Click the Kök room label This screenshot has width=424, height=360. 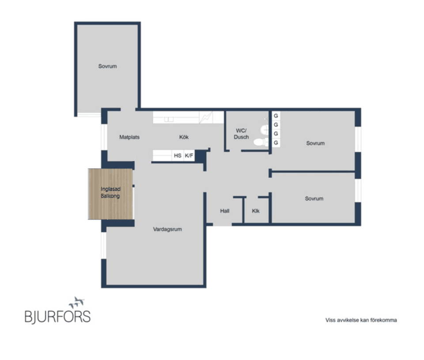(184, 137)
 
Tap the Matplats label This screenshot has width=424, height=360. (129, 137)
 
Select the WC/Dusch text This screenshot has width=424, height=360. (242, 134)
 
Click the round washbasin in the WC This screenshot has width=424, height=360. (264, 129)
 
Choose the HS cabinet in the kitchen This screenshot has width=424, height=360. (178, 156)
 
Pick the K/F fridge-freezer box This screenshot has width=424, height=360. (189, 156)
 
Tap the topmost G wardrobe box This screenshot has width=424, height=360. (276, 116)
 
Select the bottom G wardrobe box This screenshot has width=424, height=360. (276, 142)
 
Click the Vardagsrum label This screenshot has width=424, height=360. (167, 229)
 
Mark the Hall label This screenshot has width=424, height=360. (225, 211)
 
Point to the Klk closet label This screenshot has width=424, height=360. (256, 211)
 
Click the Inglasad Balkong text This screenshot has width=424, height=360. (110, 192)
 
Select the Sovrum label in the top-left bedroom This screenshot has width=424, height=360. (107, 66)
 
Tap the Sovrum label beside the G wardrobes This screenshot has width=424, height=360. (315, 143)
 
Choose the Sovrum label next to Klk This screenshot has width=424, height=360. (314, 199)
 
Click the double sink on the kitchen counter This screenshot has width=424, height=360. (168, 119)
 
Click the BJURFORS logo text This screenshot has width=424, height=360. (57, 317)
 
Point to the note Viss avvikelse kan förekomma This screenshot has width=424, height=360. (361, 320)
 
